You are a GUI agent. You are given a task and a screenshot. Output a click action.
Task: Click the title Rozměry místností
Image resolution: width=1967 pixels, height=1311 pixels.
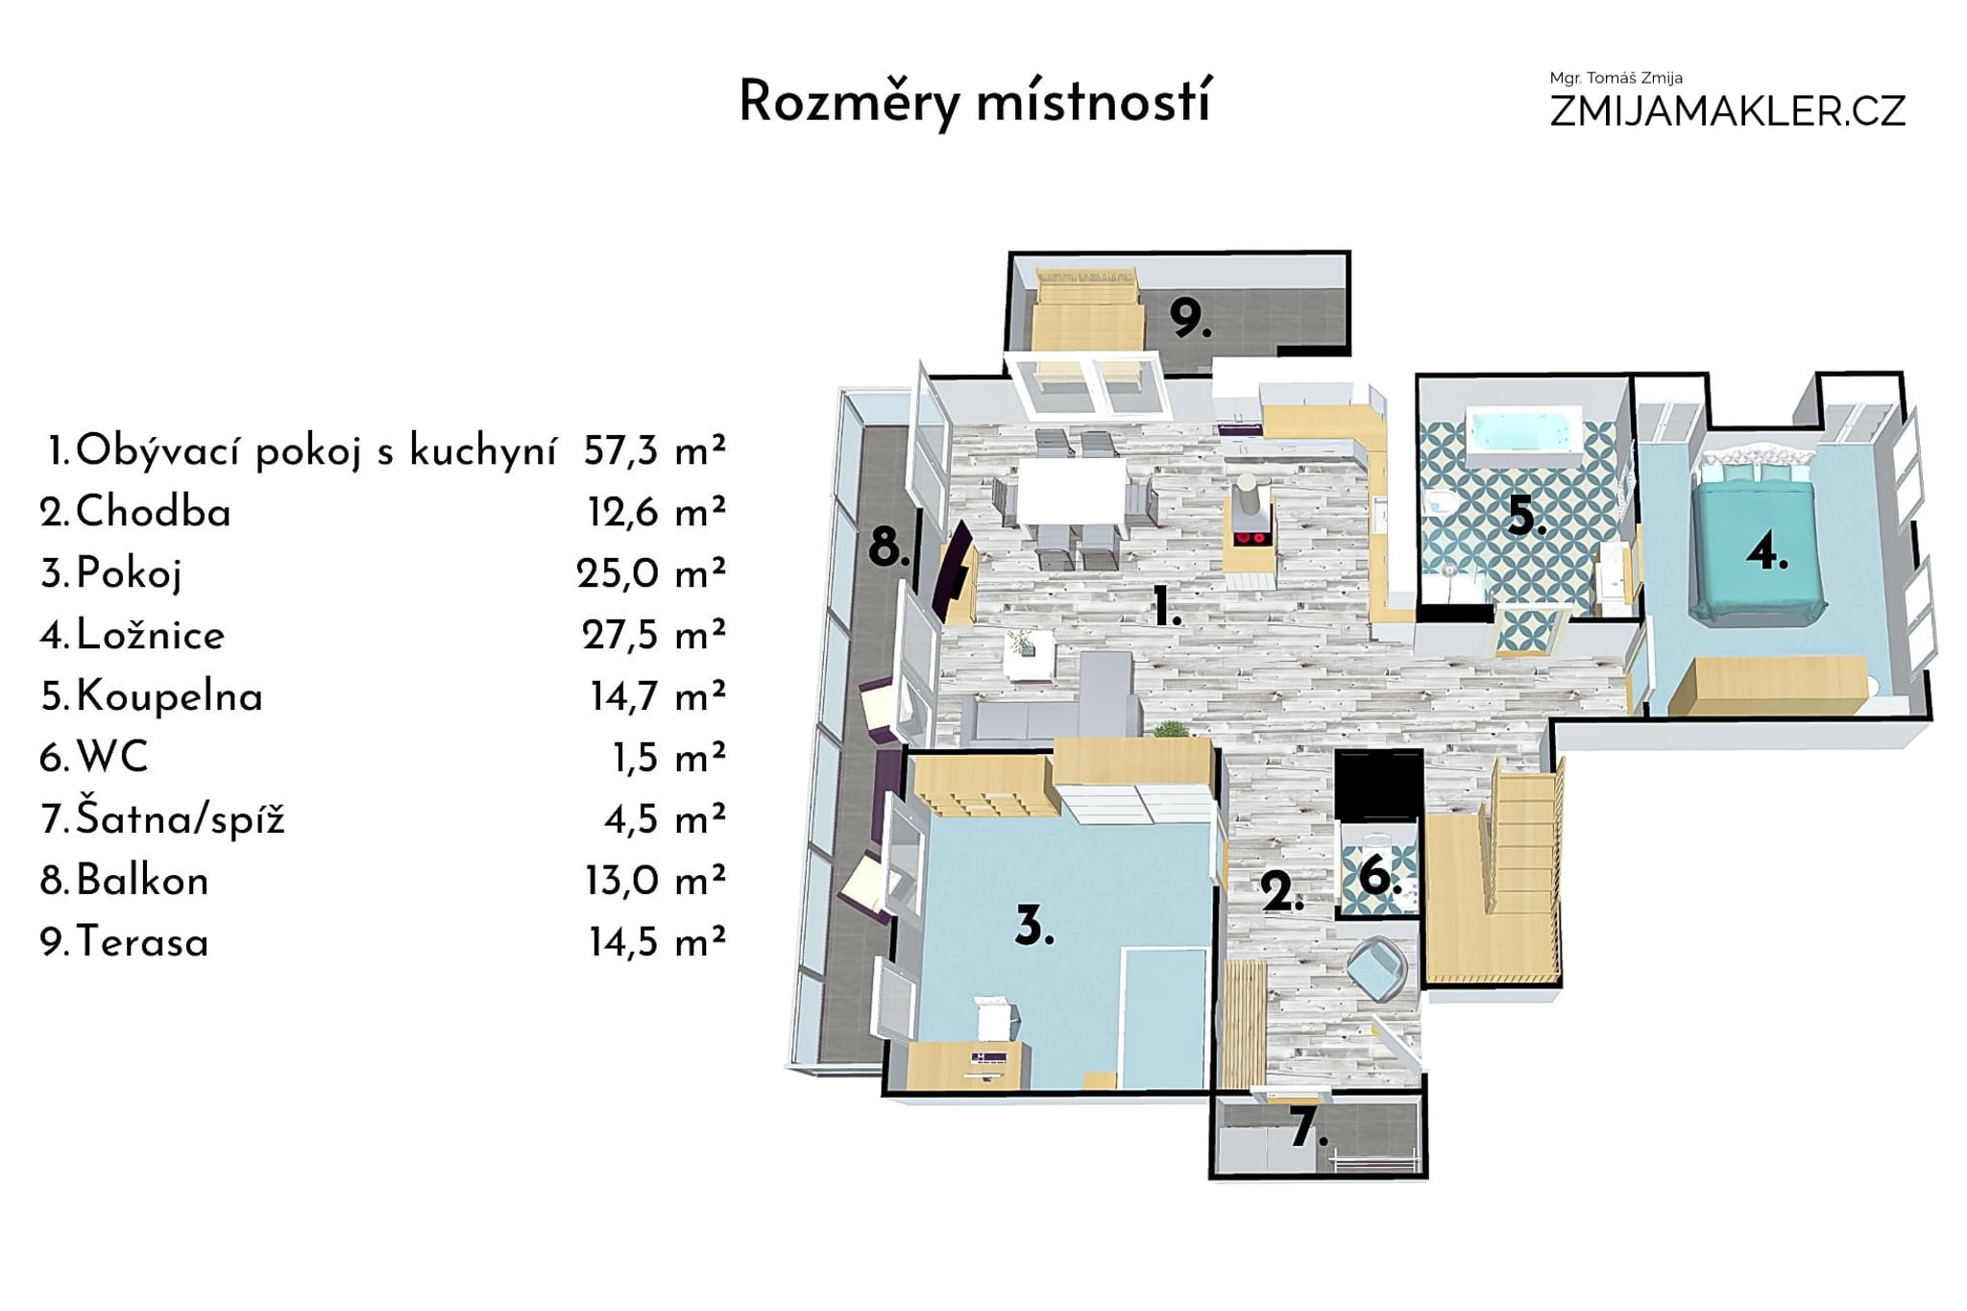coord(975,103)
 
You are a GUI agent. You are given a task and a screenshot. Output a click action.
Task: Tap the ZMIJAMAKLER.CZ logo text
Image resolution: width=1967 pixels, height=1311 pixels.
coord(1727,111)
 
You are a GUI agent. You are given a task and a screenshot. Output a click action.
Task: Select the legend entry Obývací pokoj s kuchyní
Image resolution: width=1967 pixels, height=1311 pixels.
coord(316,451)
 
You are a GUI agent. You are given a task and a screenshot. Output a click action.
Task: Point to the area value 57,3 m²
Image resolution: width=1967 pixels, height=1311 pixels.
coord(654,450)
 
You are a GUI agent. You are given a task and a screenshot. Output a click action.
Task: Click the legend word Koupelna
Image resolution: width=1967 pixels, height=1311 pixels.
coord(169,696)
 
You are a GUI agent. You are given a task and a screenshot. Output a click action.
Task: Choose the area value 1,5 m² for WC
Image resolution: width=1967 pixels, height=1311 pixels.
coord(668,758)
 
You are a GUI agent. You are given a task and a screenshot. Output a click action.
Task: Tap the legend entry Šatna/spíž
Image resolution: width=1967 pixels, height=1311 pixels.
coord(181,819)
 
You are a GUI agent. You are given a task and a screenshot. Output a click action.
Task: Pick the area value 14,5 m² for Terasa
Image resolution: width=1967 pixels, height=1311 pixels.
coord(657,942)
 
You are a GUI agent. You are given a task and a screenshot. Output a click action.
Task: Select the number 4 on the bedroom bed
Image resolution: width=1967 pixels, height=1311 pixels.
coord(1766,551)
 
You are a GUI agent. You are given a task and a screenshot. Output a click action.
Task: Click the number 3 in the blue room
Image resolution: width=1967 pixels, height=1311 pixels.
coord(1034,926)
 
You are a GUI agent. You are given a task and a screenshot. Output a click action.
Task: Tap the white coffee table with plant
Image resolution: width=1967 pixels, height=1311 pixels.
coord(1030,656)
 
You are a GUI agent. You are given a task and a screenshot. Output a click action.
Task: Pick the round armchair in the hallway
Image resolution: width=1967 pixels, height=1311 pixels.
coord(1378,966)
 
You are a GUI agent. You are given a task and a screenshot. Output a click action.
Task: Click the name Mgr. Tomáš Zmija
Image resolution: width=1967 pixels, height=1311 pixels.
coord(1615,78)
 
